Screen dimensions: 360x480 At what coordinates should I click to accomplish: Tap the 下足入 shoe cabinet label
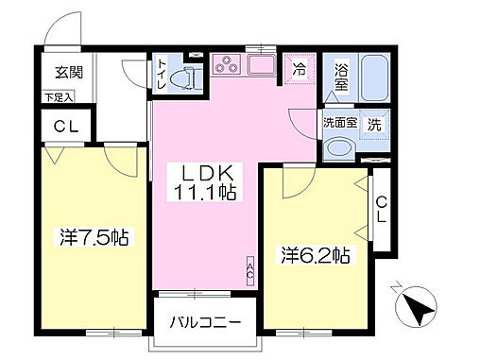[60, 95]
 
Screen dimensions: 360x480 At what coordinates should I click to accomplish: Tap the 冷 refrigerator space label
[300, 69]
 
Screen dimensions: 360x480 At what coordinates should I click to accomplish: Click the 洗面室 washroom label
[339, 121]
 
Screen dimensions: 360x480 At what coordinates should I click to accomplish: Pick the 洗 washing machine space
[375, 124]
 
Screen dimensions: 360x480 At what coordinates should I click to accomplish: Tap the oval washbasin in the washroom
[339, 148]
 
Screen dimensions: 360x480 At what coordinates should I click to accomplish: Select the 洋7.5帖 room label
[91, 236]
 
